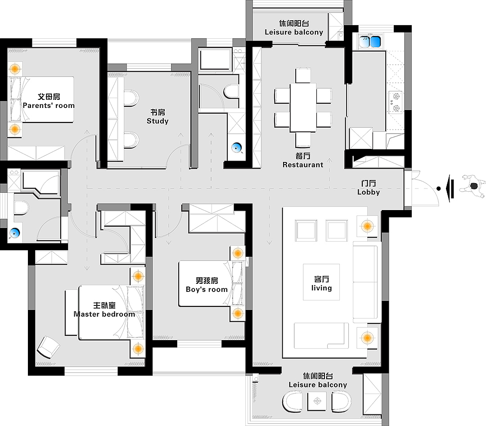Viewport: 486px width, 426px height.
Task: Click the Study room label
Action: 157,117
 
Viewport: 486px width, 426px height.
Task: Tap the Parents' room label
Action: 49,101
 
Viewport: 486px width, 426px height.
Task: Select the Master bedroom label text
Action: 104,310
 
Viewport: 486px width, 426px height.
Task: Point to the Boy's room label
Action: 207,285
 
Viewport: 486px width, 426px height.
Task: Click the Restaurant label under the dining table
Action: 303,161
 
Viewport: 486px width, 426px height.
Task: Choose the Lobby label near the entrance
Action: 369,188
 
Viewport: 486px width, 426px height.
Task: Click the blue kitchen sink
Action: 370,42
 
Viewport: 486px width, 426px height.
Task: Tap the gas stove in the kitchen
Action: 396,102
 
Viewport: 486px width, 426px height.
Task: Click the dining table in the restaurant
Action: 303,107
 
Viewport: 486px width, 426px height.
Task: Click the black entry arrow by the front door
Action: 450,188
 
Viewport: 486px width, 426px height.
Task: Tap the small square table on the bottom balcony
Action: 317,401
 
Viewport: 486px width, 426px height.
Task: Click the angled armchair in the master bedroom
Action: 48,347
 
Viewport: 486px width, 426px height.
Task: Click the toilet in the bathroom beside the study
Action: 231,91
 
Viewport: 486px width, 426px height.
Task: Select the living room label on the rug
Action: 321,283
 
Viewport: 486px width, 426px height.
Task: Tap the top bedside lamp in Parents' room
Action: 14,68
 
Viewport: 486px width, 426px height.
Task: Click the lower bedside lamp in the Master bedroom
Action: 138,349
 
